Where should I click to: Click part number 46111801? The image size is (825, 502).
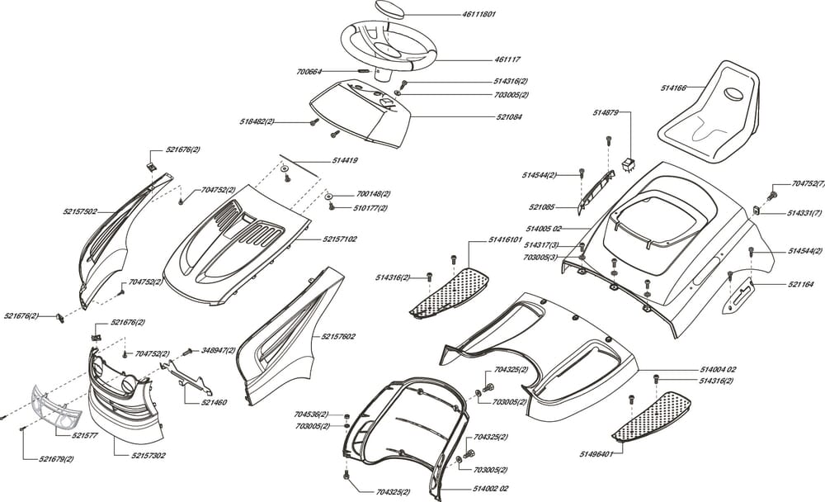[478, 15]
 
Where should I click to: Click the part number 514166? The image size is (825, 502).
[674, 87]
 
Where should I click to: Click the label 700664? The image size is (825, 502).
[310, 72]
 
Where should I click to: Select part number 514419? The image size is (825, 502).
[344, 159]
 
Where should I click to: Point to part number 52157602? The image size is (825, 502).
[338, 337]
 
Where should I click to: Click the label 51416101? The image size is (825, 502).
[506, 239]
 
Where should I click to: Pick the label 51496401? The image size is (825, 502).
[595, 453]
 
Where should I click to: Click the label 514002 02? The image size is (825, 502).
[492, 489]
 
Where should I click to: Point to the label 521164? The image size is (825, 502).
[800, 284]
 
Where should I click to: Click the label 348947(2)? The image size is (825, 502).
[218, 350]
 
